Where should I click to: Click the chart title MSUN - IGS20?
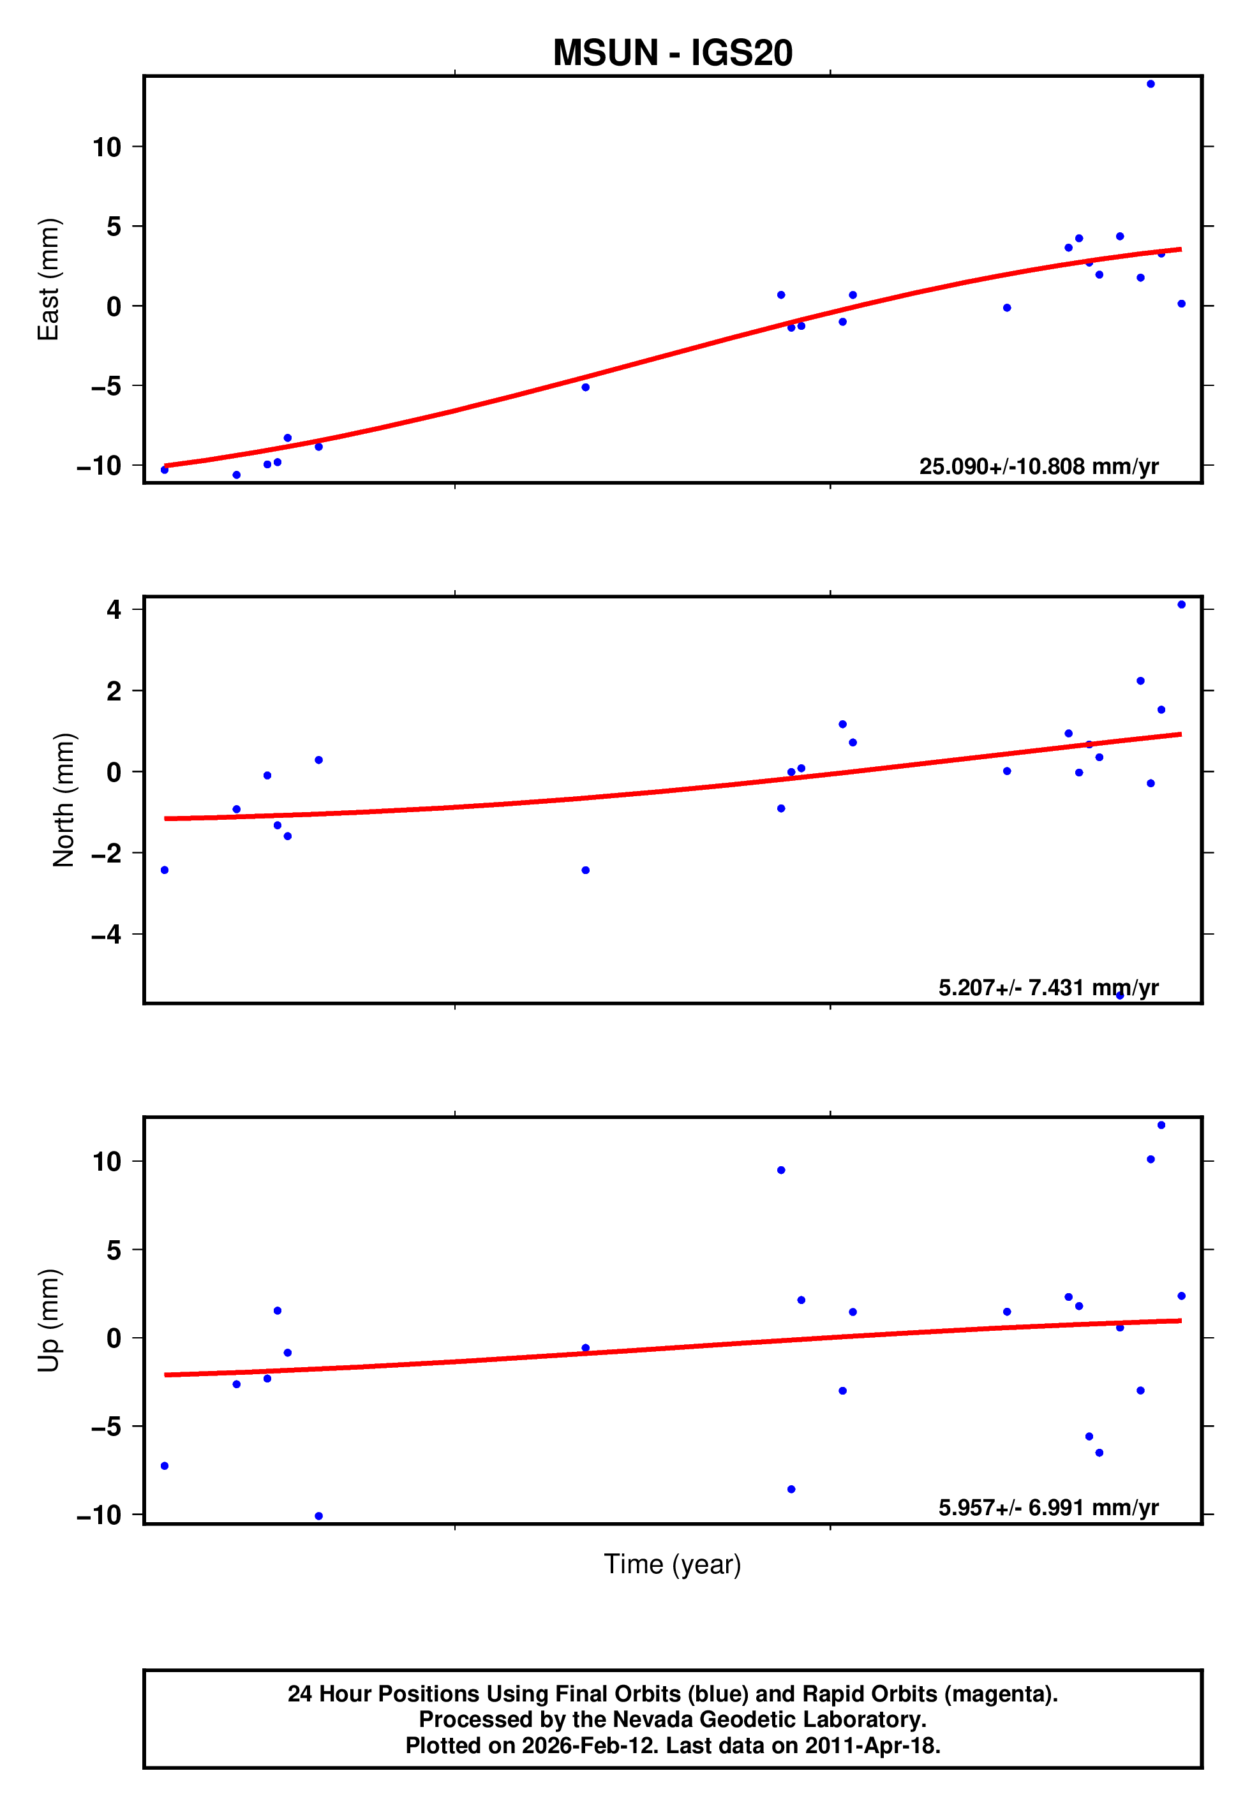click(x=673, y=52)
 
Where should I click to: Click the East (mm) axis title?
click(x=48, y=279)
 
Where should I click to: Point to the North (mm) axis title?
click(x=64, y=800)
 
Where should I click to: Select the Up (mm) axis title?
click(x=48, y=1321)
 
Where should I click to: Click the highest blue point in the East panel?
click(x=1150, y=84)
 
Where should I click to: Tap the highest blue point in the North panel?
click(x=1181, y=605)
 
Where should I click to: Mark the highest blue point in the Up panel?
click(x=1160, y=1125)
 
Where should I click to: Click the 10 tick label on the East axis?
click(x=107, y=147)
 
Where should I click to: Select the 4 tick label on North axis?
click(x=114, y=609)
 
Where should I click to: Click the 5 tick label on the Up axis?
click(x=114, y=1250)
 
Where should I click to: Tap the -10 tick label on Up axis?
click(x=99, y=1515)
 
